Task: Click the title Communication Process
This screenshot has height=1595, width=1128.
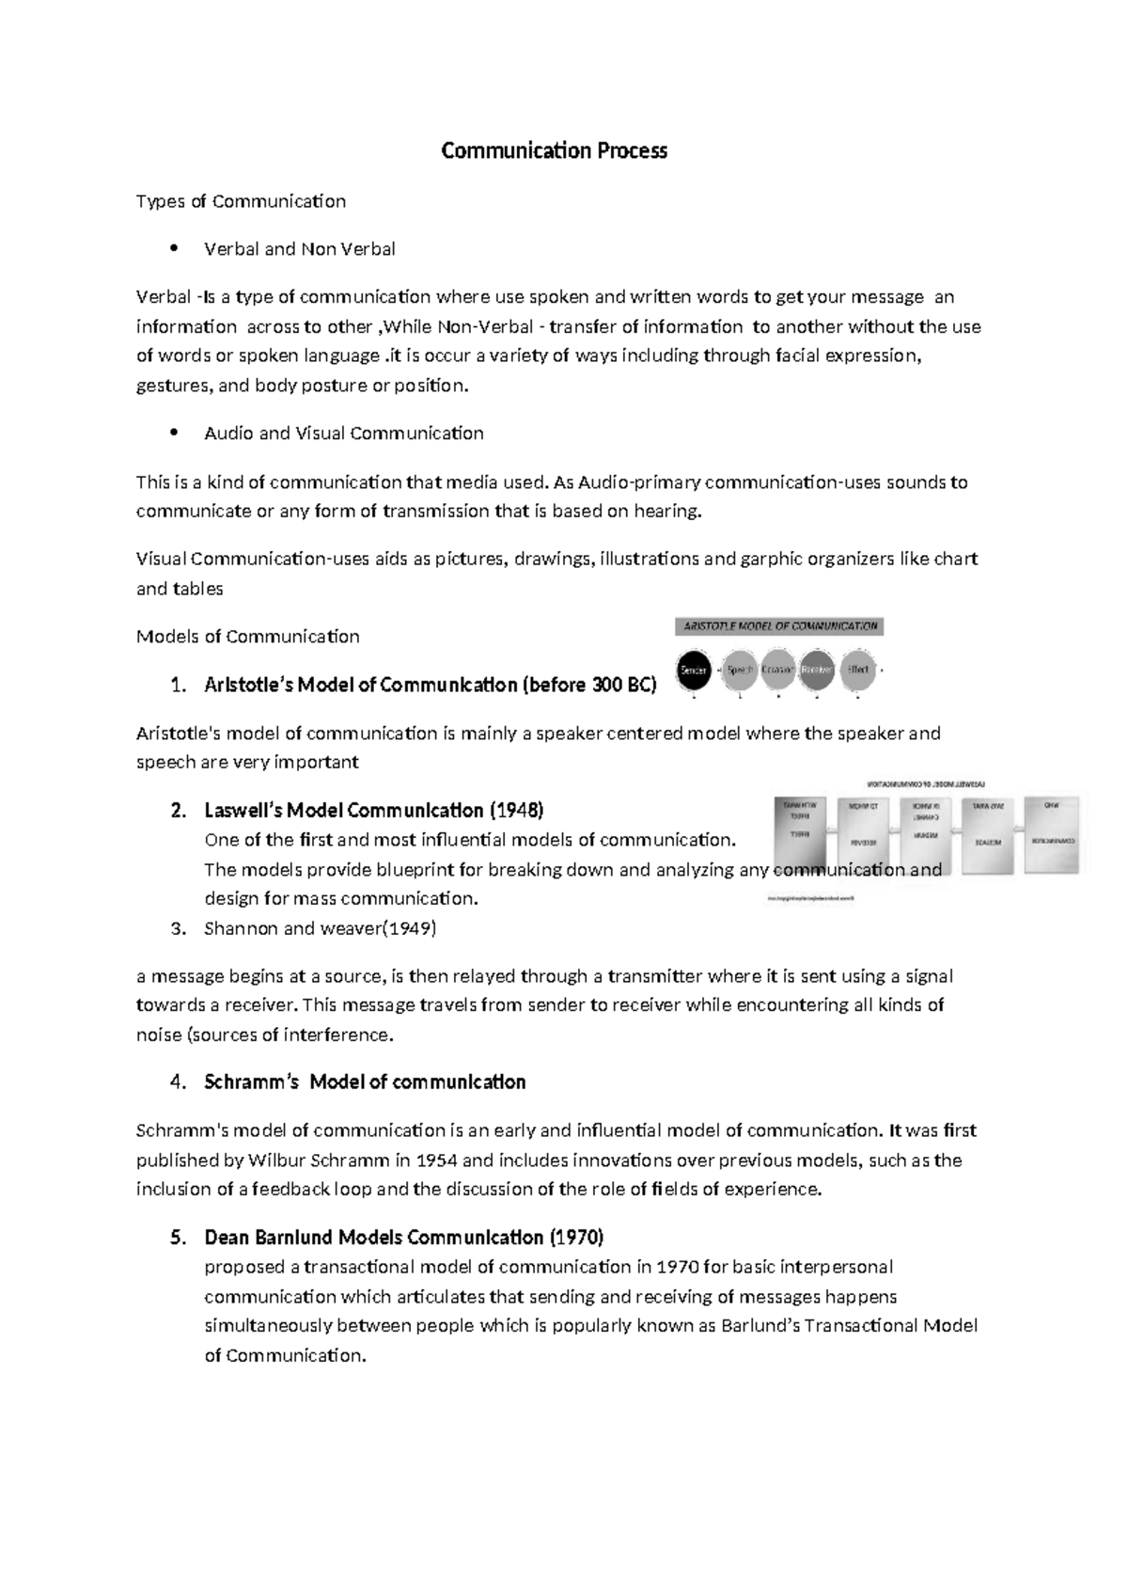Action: (554, 150)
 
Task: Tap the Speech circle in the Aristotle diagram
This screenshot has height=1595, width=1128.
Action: (740, 670)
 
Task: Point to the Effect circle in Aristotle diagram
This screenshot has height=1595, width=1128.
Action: (857, 670)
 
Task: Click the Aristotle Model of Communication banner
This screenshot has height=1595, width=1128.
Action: (779, 626)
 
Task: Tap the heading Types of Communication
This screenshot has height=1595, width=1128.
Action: (241, 201)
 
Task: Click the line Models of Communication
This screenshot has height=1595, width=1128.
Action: (247, 637)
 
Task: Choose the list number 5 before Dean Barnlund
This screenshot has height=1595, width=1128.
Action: (178, 1238)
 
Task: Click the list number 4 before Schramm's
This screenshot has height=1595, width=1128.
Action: (178, 1082)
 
